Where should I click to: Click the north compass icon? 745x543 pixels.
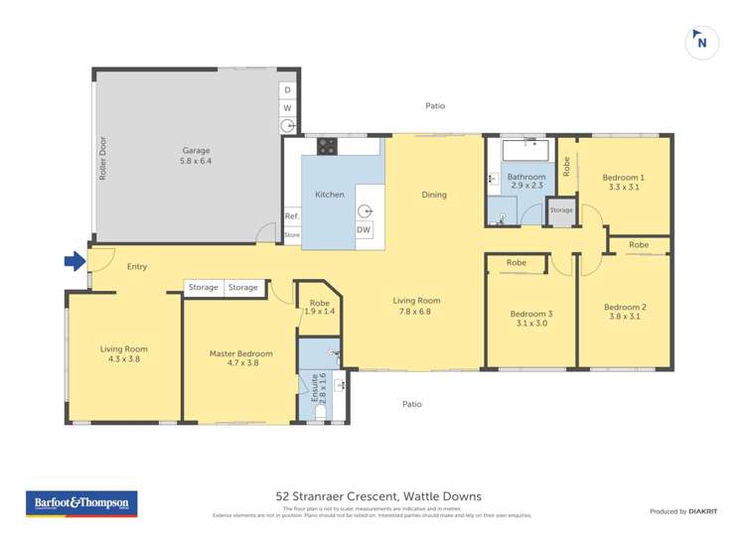702,43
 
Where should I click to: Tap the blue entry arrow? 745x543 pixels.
74,261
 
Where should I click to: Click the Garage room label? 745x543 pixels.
196,151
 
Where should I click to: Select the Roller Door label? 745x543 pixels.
102,158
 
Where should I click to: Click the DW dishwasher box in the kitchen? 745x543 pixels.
364,230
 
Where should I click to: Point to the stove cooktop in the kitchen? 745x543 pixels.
327,146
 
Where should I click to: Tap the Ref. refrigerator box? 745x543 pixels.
291,216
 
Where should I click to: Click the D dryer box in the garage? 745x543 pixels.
287,89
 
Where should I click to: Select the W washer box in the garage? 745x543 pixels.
287,107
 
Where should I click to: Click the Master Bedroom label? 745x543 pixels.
240,353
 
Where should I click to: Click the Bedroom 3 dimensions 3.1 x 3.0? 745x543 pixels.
531,323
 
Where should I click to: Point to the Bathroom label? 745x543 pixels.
526,177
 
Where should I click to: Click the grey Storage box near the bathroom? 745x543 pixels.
561,210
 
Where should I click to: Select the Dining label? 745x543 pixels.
434,195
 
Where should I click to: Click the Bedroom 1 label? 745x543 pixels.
623,177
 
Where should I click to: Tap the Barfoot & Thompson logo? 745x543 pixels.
81,504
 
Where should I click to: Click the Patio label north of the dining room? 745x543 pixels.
435,105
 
